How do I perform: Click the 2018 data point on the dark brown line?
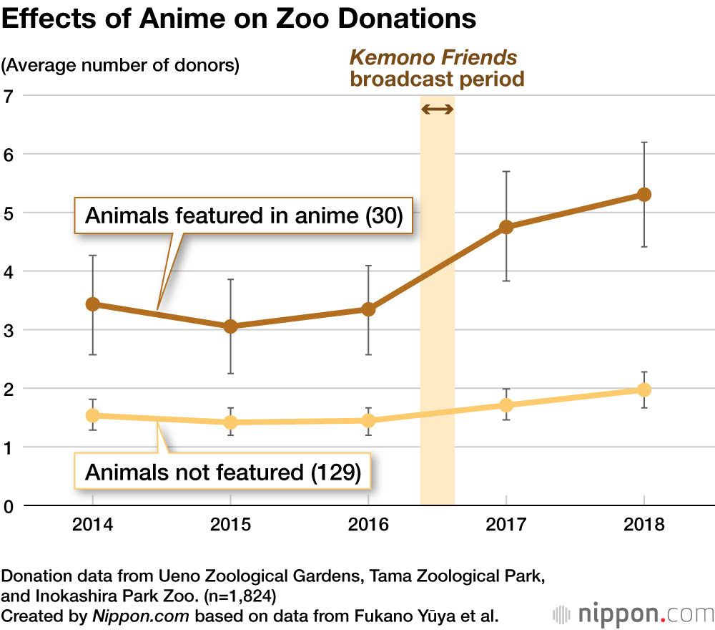pos(644,195)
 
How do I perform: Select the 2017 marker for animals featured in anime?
pos(506,227)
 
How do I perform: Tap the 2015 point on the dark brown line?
pos(230,326)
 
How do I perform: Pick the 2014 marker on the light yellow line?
pos(92,415)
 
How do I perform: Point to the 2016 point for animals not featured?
pos(368,420)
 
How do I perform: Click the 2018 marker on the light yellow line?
pos(644,389)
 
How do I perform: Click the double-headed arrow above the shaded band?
pos(437,109)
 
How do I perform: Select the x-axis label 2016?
pos(368,525)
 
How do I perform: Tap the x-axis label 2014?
pos(92,525)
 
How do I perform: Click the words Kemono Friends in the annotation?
pos(433,57)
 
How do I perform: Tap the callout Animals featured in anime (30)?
pos(244,215)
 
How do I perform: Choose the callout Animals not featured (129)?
pos(222,472)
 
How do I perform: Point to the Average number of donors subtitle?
pos(120,66)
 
